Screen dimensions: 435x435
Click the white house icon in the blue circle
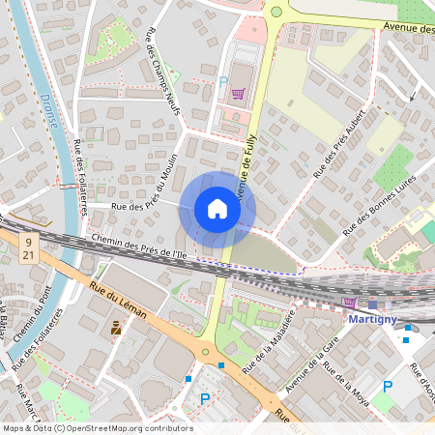tap(217, 209)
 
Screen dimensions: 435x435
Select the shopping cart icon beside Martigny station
tap(350, 303)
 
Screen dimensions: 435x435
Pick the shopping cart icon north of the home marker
tap(238, 95)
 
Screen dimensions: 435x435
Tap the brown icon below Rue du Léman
tap(117, 329)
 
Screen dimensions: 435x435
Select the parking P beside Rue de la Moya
tap(387, 387)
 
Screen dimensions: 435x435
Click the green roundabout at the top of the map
tap(276, 12)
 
